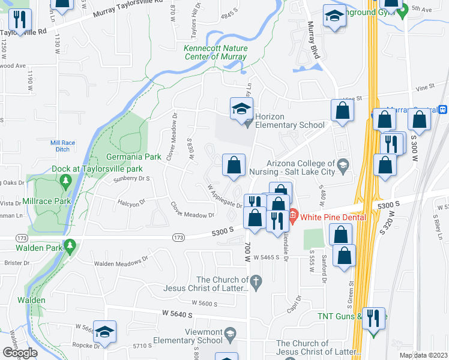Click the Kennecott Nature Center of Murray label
pos(215,52)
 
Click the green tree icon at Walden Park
pos(70,245)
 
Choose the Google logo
pos(20,353)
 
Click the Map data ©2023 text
pos(423,355)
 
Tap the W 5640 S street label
pos(176,314)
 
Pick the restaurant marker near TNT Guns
pos(375,317)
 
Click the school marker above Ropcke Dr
pos(104,331)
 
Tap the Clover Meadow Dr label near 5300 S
pos(192,210)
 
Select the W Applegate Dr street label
pos(224,196)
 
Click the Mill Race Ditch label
pos(62,146)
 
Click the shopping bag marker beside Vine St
pos(342,110)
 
